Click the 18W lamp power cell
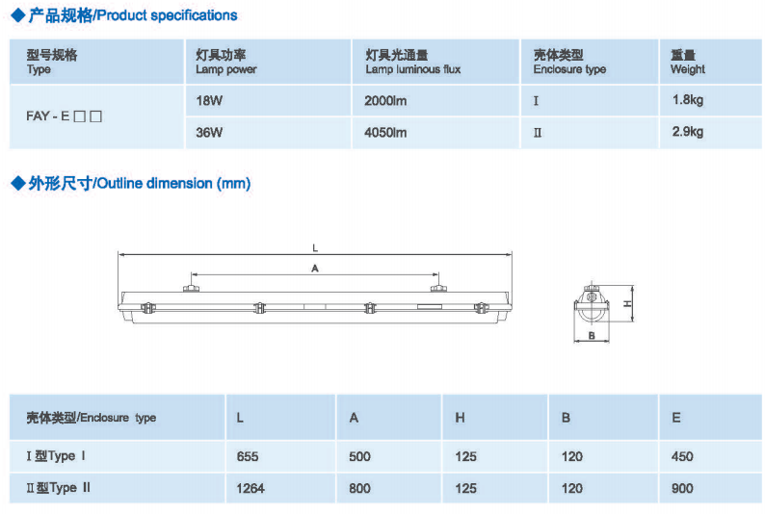[x=209, y=101]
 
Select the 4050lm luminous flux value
[x=385, y=133]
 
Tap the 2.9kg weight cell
[x=687, y=132]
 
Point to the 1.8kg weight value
[x=687, y=100]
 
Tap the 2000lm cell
[x=385, y=101]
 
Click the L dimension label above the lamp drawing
[x=315, y=248]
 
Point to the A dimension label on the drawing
[x=315, y=269]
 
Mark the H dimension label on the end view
[x=627, y=303]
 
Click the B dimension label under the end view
[x=592, y=335]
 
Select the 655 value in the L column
[x=248, y=456]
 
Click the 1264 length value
[x=251, y=488]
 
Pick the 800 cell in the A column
[x=359, y=488]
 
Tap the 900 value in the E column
[x=682, y=488]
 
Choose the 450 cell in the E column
[x=682, y=456]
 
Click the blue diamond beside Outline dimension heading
[x=18, y=184]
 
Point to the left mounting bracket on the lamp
[x=191, y=288]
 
